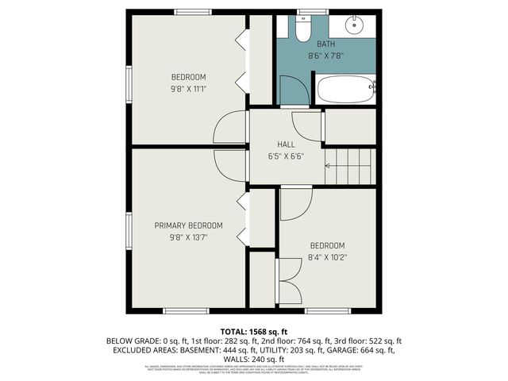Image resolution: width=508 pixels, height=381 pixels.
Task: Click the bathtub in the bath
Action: pos(345,89)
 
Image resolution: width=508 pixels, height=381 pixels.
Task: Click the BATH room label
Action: pos(326,44)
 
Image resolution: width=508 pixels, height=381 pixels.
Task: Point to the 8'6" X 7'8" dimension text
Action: pos(326,56)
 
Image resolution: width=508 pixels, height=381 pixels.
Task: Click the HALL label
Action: pos(286,144)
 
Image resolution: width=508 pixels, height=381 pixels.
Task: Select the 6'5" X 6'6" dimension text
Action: pos(286,156)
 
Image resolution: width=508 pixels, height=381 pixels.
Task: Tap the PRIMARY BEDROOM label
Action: pos(188,225)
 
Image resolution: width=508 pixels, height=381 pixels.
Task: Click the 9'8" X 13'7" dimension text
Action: pos(188,237)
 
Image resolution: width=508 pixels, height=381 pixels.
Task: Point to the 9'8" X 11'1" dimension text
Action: pos(188,89)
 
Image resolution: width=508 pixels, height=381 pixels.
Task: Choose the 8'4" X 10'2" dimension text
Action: pos(327,257)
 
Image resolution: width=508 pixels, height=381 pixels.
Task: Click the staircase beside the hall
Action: pos(349,166)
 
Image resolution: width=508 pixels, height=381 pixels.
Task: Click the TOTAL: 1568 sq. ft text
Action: pos(254,331)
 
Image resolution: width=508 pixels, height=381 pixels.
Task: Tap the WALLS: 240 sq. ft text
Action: pos(254,358)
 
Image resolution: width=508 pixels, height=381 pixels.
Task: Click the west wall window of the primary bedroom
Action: pos(128,231)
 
